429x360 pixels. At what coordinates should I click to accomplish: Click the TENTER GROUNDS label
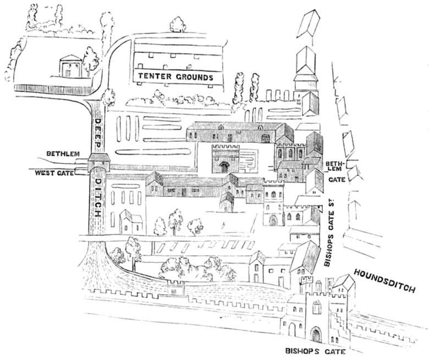click(x=175, y=76)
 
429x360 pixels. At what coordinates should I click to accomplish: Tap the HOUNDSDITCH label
click(x=391, y=280)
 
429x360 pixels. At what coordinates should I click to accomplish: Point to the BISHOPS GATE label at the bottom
click(x=309, y=350)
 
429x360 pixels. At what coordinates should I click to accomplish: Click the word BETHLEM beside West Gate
click(x=64, y=154)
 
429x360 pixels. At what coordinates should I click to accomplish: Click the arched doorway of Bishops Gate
click(x=317, y=335)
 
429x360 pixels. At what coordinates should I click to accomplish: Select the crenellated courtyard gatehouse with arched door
click(x=225, y=159)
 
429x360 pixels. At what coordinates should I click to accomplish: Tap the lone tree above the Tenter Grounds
click(x=177, y=24)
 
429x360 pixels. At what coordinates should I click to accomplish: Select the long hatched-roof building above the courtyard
click(x=239, y=132)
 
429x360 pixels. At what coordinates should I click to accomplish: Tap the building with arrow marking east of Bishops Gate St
click(x=358, y=212)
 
